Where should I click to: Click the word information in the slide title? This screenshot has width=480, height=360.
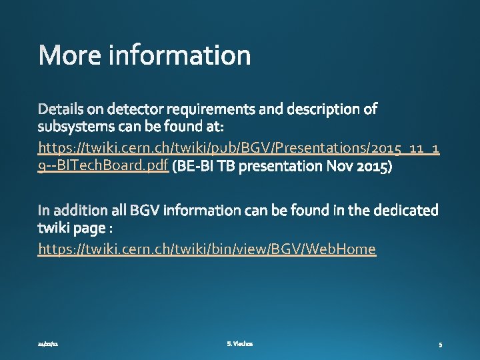pos(179,56)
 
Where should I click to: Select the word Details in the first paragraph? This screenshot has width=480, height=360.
pos(61,108)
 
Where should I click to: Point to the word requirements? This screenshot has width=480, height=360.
pos(222,109)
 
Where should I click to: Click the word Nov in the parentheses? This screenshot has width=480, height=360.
pos(336,166)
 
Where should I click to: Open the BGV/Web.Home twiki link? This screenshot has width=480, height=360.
pos(207,249)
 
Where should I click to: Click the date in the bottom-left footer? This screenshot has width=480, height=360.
pos(48,344)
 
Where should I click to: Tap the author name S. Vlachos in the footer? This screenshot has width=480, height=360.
pos(239,344)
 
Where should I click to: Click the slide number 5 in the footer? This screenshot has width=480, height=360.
pos(441,345)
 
